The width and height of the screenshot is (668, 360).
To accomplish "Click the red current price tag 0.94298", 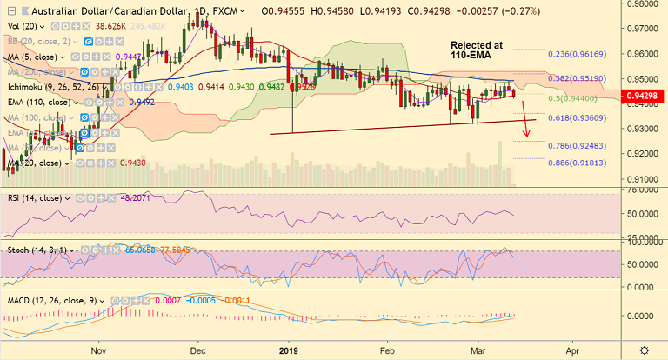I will (x=645, y=95).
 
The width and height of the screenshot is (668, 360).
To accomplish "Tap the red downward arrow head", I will (x=524, y=137).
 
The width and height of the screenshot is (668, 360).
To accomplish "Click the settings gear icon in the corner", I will (x=643, y=350).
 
